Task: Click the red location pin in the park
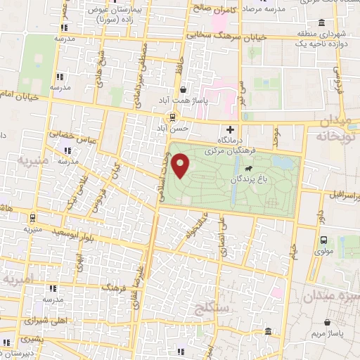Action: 181,166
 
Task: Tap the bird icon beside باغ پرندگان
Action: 248,169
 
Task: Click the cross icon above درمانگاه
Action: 230,128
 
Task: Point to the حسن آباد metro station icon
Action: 169,117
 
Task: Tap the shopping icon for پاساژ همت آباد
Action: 184,90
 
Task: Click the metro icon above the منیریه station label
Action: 32,217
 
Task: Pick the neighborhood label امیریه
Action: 19,279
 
